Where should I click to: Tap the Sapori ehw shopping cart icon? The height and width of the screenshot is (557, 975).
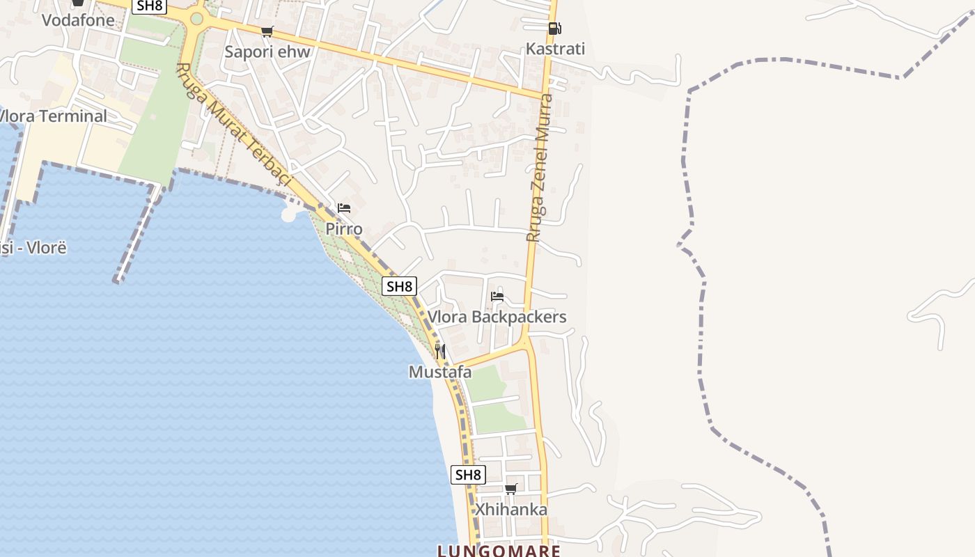coord(267,31)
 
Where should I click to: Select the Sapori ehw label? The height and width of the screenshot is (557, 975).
coord(267,52)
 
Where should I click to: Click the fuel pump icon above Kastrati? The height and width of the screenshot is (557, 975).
coord(554,29)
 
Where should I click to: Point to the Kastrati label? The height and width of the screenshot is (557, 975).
coord(555,49)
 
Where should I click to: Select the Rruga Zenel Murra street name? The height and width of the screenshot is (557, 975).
coord(539,167)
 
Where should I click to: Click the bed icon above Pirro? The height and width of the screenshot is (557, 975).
coord(344,208)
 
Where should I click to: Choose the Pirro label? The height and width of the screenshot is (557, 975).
coord(344,229)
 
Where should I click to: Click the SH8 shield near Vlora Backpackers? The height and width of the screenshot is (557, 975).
coord(400,286)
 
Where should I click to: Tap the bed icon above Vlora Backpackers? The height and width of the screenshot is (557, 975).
coord(497,297)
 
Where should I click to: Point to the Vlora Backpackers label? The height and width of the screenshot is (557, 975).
coord(497,317)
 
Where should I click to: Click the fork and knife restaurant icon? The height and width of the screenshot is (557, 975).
coord(440,351)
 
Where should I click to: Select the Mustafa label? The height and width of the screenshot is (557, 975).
coord(440,372)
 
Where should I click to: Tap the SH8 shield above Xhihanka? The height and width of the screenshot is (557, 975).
coord(468,476)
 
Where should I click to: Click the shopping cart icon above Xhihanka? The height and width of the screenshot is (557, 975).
coord(511,489)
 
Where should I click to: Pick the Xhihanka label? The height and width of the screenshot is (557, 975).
coord(511,510)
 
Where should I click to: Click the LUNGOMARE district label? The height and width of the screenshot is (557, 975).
coord(499,551)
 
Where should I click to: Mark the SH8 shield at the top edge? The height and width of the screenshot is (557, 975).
coord(150,6)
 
